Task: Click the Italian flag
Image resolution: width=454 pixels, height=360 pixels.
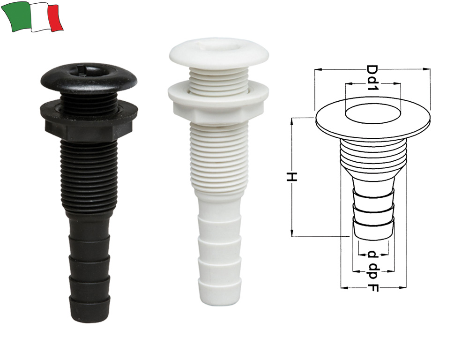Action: (32, 17)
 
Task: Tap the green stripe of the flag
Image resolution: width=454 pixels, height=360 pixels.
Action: (16, 16)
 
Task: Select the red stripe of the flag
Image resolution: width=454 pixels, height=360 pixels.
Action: (56, 17)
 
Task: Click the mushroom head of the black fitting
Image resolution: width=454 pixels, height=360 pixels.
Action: (89, 76)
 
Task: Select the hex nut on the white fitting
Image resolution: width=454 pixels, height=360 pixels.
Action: (218, 103)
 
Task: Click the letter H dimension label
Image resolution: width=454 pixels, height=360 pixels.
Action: (292, 177)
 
